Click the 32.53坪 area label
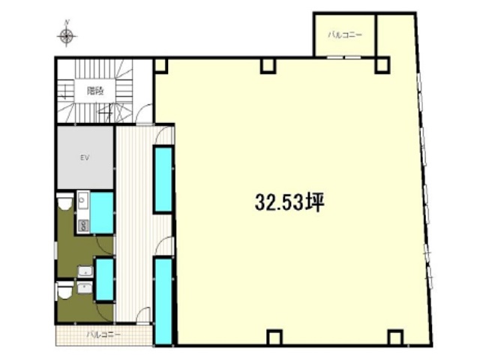289,202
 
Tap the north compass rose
67,36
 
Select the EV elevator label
85,158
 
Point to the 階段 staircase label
95,91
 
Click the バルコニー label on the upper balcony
345,34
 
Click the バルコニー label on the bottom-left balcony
103,334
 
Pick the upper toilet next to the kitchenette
65,202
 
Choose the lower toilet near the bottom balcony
64,290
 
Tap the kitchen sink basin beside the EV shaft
82,200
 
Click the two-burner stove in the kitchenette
83,226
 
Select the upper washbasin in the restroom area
85,271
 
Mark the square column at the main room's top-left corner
160,66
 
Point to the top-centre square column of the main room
268,66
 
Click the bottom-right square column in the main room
395,337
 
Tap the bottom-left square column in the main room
274,337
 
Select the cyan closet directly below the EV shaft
102,213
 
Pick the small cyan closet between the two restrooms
105,279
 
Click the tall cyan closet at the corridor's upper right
163,179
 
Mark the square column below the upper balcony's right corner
382,66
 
